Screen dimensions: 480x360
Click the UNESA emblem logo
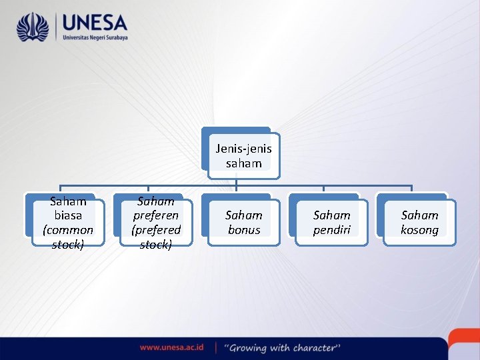(33, 27)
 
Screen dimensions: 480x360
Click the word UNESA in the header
(94, 23)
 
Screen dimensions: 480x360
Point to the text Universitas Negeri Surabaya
(94, 38)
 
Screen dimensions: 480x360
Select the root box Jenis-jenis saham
(243, 155)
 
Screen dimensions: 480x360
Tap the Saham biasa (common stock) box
(68, 223)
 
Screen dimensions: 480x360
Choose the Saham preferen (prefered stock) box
(156, 223)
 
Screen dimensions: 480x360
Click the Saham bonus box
(244, 223)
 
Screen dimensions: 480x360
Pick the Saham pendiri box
(331, 223)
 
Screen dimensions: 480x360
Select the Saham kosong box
(419, 223)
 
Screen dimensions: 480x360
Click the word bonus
(244, 230)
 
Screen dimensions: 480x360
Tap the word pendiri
(332, 230)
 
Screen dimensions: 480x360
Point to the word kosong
(419, 230)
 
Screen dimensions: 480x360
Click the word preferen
(156, 215)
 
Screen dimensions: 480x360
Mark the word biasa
(68, 215)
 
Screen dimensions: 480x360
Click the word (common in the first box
(68, 230)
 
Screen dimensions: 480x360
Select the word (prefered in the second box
(156, 230)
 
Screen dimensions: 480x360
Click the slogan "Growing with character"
(282, 347)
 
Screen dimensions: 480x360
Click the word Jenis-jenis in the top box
(243, 148)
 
